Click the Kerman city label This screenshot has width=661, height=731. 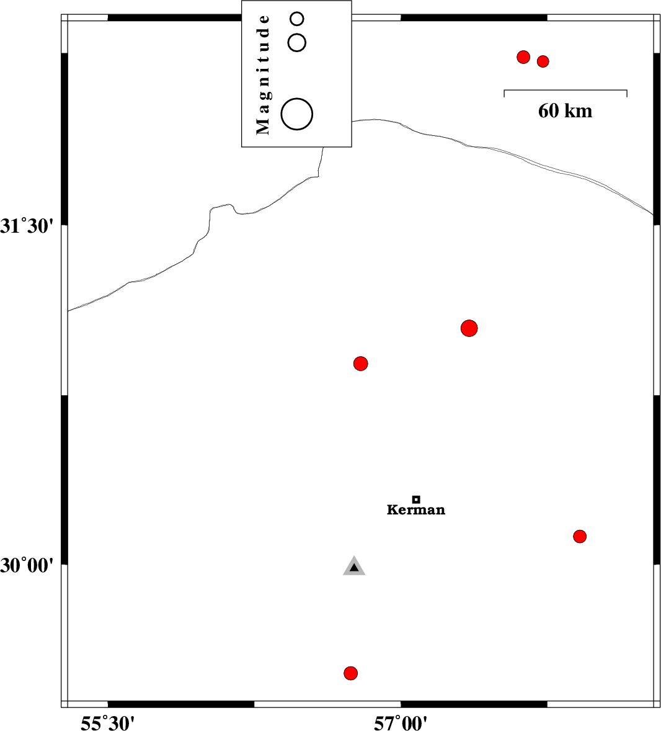pyautogui.click(x=416, y=509)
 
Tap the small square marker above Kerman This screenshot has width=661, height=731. pyautogui.click(x=416, y=500)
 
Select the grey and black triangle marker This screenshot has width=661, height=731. pyautogui.click(x=354, y=567)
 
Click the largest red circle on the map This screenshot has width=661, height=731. pyautogui.click(x=469, y=328)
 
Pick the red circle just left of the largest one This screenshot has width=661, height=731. pyautogui.click(x=360, y=363)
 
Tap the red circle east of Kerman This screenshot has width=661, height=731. pyautogui.click(x=580, y=536)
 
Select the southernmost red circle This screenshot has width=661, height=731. pyautogui.click(x=350, y=673)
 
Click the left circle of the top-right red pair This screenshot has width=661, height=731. pyautogui.click(x=523, y=57)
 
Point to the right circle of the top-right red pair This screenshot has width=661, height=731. pyautogui.click(x=543, y=61)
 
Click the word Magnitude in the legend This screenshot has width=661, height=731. pyautogui.click(x=263, y=74)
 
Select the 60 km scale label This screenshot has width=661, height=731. pyautogui.click(x=565, y=111)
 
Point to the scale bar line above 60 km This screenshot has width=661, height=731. pyautogui.click(x=566, y=89)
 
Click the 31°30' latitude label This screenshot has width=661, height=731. pyautogui.click(x=27, y=226)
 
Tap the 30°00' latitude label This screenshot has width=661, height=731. pyautogui.click(x=27, y=565)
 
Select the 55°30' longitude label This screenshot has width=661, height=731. pyautogui.click(x=108, y=723)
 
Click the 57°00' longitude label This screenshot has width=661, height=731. pyautogui.click(x=401, y=723)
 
